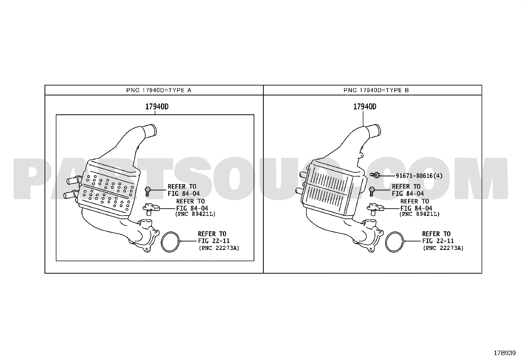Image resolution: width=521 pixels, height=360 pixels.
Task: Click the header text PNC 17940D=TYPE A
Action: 159,90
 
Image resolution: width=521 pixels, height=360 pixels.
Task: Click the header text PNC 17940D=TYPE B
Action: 376,90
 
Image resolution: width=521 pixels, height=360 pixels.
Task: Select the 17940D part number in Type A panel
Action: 157,107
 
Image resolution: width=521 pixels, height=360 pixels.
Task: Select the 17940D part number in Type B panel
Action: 365,107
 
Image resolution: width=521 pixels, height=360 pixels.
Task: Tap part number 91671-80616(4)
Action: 419,176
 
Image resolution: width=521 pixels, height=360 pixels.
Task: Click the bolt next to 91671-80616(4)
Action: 375,175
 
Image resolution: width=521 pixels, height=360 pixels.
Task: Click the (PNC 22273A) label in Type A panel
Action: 219,248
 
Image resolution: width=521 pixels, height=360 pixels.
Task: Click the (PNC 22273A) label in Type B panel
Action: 443,248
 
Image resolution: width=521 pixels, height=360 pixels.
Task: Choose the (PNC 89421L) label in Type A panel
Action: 195,214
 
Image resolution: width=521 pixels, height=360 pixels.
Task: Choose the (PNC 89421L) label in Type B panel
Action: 419,214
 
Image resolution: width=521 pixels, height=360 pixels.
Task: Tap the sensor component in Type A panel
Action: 151,209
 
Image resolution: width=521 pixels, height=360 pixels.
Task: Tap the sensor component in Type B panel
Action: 375,209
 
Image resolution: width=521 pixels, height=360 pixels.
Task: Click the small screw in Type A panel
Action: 148,191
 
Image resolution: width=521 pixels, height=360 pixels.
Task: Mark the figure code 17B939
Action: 505,353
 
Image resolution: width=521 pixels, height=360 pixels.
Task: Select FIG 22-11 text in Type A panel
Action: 214,241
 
